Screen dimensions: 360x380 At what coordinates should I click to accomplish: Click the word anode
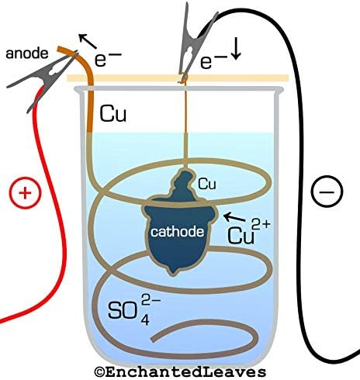(27, 54)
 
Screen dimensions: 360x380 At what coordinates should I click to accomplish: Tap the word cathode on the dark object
(178, 232)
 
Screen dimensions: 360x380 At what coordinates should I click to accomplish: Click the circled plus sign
(25, 192)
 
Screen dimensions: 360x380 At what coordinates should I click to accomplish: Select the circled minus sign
(327, 192)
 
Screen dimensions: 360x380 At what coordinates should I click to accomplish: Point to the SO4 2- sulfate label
(134, 309)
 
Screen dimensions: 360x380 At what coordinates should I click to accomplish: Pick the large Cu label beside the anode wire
(113, 114)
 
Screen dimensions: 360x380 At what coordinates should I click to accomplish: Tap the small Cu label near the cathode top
(206, 184)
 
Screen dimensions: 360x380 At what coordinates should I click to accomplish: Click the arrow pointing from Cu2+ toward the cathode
(234, 217)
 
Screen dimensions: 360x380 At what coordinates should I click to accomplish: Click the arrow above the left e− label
(88, 41)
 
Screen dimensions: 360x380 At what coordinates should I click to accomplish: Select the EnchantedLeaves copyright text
(180, 372)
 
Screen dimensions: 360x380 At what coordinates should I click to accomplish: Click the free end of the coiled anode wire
(153, 339)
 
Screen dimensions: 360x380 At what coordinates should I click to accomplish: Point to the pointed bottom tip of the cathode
(173, 273)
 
